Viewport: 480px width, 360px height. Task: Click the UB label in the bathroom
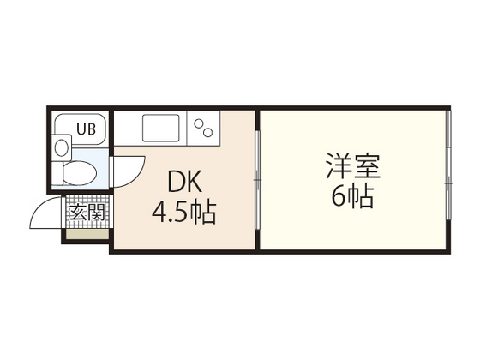(87, 129)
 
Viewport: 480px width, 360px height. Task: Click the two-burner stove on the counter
(206, 129)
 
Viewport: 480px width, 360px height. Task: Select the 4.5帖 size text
(183, 211)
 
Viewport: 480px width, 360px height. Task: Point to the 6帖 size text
(351, 197)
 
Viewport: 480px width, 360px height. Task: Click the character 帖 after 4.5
(203, 211)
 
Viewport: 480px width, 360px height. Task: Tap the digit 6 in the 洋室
(339, 197)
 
